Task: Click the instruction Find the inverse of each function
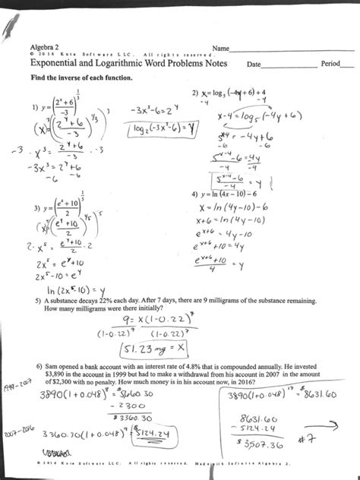tap(75, 80)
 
